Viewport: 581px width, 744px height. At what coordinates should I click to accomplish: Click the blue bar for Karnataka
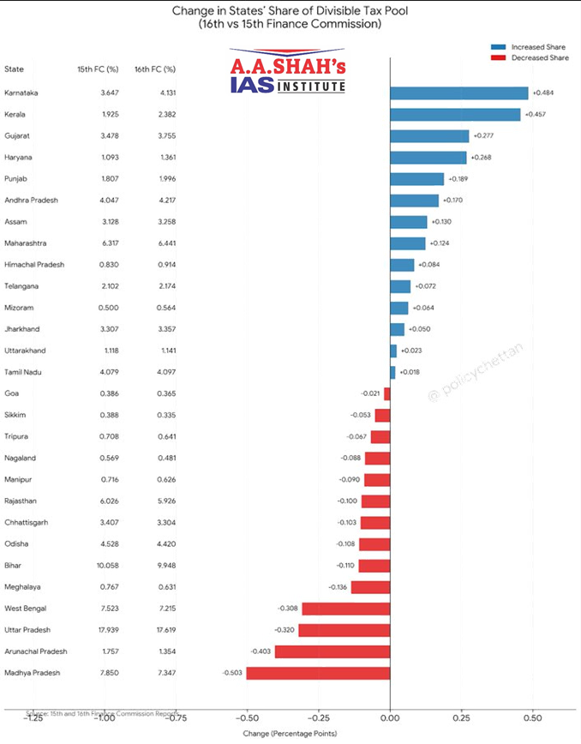(458, 93)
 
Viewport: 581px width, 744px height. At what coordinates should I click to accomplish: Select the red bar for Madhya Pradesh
(318, 673)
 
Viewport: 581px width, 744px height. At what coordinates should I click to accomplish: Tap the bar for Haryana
(428, 157)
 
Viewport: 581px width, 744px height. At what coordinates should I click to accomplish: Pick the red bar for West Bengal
(345, 609)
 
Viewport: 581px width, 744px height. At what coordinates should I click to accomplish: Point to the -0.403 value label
(261, 651)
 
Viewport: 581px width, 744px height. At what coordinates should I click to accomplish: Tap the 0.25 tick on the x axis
(461, 718)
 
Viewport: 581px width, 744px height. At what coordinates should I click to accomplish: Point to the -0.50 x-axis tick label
(247, 718)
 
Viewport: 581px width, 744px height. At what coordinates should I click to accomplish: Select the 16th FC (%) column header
(155, 69)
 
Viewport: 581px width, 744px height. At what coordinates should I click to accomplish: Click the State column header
(14, 69)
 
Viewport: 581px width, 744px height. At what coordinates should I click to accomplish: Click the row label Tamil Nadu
(23, 372)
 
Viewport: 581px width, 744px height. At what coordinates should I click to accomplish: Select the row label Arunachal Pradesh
(36, 651)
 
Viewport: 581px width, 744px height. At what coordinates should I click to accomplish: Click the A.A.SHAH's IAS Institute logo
(288, 73)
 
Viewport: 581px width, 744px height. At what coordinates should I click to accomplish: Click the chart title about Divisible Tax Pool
(290, 18)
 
